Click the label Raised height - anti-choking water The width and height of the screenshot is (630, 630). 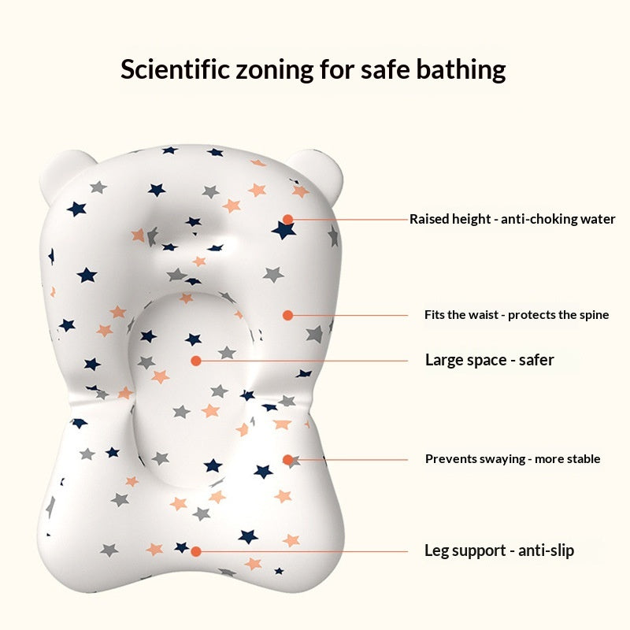(513, 219)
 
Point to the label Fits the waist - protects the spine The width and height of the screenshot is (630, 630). (517, 314)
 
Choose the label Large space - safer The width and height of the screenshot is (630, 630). (489, 360)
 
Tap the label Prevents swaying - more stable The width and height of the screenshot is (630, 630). (513, 459)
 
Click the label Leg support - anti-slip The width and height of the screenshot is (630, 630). (499, 550)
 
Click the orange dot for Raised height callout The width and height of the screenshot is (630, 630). (287, 220)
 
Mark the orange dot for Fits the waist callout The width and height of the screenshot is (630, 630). (287, 316)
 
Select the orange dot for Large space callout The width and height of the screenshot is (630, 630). (195, 361)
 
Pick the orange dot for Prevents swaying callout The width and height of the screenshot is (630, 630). (287, 460)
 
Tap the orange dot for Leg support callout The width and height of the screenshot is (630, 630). (195, 552)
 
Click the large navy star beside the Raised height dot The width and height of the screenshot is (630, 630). (283, 230)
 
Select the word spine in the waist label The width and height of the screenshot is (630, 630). (595, 315)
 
